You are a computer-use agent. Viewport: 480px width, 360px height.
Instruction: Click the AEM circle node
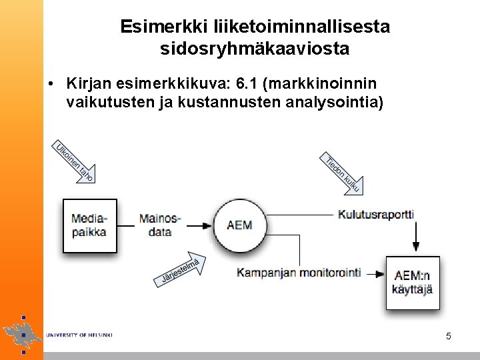click(239, 224)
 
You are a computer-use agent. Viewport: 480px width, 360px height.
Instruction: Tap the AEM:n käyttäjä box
click(413, 283)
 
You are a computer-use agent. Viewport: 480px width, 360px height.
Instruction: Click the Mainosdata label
click(159, 225)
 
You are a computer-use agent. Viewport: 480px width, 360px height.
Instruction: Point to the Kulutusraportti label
click(376, 214)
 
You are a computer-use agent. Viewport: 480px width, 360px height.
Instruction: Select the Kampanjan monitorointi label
click(299, 272)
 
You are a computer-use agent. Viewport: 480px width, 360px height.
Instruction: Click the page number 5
click(449, 337)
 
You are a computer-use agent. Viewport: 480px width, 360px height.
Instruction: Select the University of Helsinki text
click(79, 335)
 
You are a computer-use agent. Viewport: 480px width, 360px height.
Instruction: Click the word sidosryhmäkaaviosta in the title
click(255, 49)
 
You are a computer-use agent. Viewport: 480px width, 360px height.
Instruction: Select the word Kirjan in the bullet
click(89, 84)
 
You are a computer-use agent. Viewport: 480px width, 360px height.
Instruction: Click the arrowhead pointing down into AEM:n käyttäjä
click(416, 249)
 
